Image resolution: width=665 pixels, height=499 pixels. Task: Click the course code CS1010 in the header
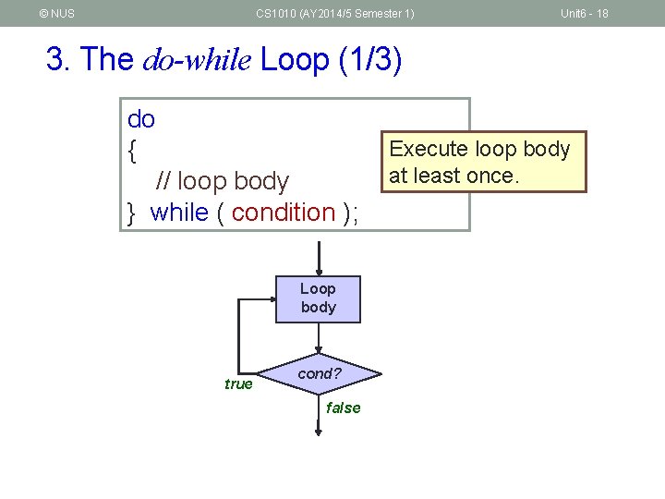point(278,13)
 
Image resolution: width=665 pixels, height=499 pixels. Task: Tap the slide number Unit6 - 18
point(584,13)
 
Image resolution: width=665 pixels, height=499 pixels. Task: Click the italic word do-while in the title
point(198,60)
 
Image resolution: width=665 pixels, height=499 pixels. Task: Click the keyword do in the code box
point(141,119)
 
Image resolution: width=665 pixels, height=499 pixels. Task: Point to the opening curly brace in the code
point(133,150)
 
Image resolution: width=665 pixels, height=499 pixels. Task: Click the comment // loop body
point(223,181)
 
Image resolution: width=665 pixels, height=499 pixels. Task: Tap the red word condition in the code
point(284,213)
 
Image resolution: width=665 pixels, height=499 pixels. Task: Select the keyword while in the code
point(179,213)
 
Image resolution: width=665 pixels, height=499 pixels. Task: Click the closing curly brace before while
point(132,213)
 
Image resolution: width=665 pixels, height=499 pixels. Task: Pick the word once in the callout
point(497,175)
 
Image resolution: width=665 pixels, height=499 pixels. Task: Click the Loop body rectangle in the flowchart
point(318,298)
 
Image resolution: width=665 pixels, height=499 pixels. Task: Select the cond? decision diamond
point(320,374)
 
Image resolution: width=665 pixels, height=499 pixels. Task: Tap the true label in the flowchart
point(238,383)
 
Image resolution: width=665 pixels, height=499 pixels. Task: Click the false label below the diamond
point(344,408)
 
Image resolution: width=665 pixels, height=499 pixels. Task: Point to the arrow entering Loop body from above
point(318,258)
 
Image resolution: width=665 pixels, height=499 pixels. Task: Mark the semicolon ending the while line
point(356,213)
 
